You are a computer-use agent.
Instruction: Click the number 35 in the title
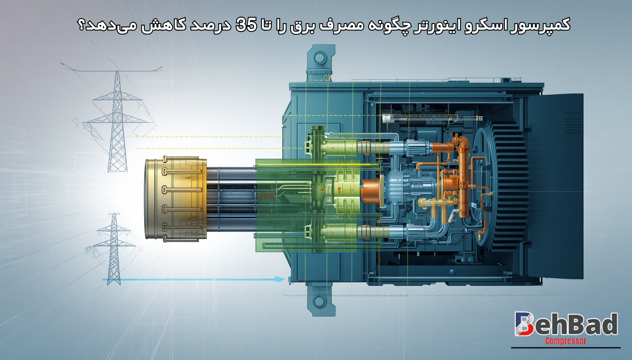click(246, 24)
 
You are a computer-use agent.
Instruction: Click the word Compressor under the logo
click(565, 341)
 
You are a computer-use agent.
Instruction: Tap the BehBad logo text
click(566, 324)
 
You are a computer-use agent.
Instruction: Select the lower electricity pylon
click(114, 248)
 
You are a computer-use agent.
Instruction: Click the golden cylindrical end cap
click(175, 199)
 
